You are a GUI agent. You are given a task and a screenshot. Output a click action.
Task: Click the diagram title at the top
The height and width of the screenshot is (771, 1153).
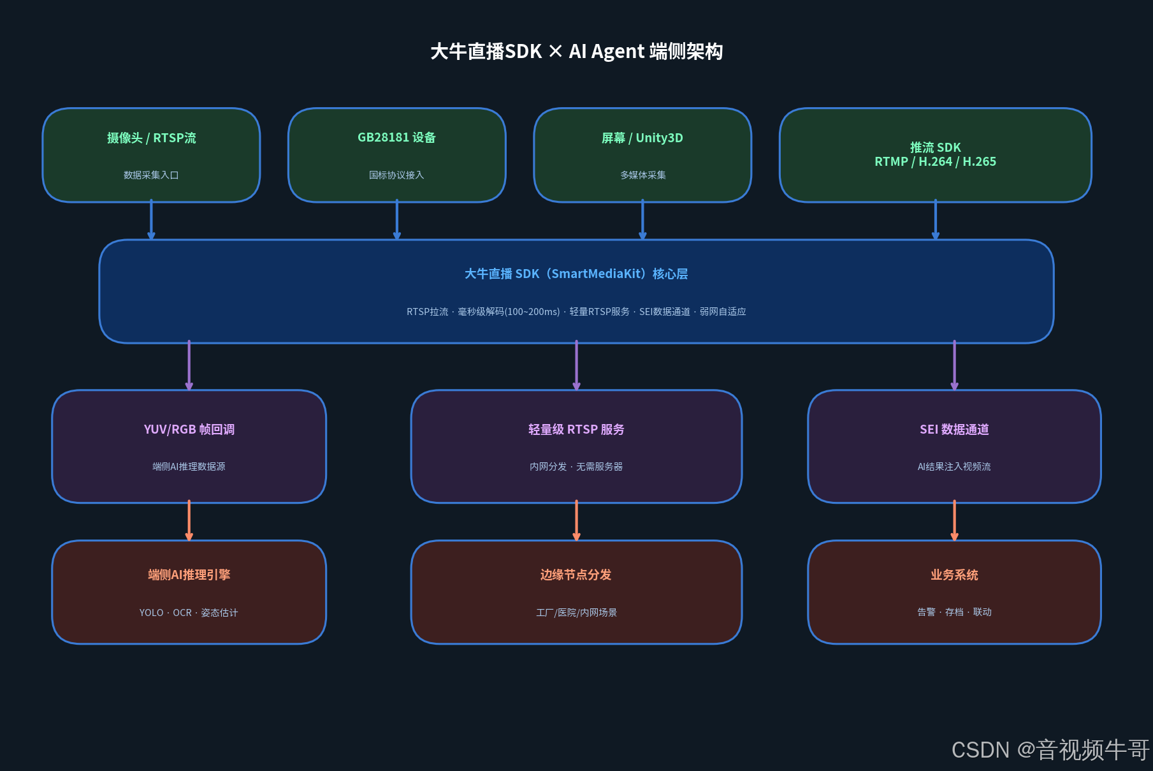(576, 51)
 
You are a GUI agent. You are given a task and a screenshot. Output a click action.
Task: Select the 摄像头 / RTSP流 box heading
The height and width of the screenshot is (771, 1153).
(151, 138)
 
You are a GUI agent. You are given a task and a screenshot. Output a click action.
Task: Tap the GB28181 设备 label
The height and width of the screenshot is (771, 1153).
(396, 138)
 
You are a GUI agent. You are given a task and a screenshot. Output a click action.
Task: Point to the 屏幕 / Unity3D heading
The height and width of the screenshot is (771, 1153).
(642, 138)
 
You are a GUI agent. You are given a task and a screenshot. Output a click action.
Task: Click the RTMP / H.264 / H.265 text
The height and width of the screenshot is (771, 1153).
(935, 162)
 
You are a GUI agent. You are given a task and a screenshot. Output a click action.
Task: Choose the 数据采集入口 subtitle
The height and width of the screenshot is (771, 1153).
(151, 175)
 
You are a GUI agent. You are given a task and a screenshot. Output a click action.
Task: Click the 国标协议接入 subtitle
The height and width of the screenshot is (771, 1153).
(396, 175)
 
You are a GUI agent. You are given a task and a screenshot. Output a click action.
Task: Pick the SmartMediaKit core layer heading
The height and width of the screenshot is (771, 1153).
(576, 274)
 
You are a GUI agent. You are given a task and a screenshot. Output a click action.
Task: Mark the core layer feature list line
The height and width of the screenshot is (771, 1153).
(576, 312)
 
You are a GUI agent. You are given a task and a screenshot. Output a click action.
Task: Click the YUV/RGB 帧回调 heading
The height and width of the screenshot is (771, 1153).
(189, 429)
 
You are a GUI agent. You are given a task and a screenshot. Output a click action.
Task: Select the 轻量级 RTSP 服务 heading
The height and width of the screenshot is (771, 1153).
(576, 429)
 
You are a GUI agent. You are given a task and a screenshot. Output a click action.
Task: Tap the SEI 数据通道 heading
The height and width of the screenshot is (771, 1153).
(954, 429)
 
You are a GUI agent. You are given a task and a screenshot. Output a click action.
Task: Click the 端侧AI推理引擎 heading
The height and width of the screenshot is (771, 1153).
(189, 575)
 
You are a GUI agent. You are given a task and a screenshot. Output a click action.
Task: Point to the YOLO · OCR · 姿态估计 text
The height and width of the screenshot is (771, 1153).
(189, 612)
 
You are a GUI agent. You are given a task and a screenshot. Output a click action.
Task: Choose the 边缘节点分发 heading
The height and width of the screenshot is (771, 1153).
(576, 575)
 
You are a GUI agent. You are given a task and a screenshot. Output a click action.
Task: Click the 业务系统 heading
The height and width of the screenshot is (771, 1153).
(954, 575)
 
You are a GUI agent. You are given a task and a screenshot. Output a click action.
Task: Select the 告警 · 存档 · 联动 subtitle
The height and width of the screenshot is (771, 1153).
(954, 612)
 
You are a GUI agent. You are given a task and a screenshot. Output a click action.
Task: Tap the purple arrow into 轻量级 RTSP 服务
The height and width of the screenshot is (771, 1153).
(576, 365)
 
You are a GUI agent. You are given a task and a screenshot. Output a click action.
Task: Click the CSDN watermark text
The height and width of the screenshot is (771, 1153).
(1050, 750)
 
